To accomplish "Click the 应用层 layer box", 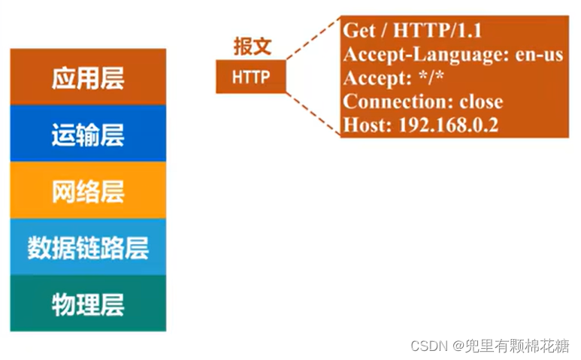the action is point(88,78).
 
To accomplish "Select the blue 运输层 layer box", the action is point(88,135).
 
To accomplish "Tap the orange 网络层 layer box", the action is point(88,192).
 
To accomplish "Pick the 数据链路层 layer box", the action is point(88,248).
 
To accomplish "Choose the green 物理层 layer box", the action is point(88,304).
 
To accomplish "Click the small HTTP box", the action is point(251,77).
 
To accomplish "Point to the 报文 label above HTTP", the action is point(251,47).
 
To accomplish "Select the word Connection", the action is point(387,101).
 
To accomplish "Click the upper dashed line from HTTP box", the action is point(313,42).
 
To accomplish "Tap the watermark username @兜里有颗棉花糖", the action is point(511,346).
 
